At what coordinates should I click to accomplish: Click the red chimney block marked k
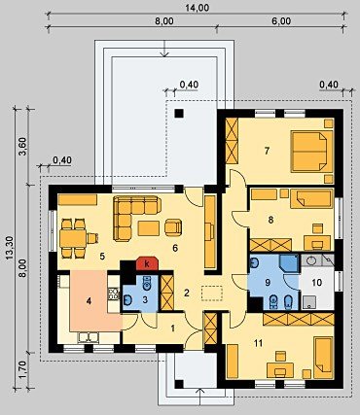147,263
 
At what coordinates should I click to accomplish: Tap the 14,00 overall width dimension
197,8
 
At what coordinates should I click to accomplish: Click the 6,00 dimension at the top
281,21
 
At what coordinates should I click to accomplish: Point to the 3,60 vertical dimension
23,147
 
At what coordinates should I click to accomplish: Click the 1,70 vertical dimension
22,372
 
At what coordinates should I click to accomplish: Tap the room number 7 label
267,151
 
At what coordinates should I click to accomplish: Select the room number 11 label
258,343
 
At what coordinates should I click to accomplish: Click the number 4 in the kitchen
89,301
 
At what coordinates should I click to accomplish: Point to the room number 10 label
317,283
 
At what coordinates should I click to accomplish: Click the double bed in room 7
311,152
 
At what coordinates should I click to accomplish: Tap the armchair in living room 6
173,227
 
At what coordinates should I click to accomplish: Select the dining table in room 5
73,239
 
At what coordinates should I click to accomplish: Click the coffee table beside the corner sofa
149,228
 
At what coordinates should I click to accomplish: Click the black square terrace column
179,114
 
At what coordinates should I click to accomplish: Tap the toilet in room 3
147,283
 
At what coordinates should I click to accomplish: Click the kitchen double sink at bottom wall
89,337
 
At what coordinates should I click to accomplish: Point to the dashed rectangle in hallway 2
212,294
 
